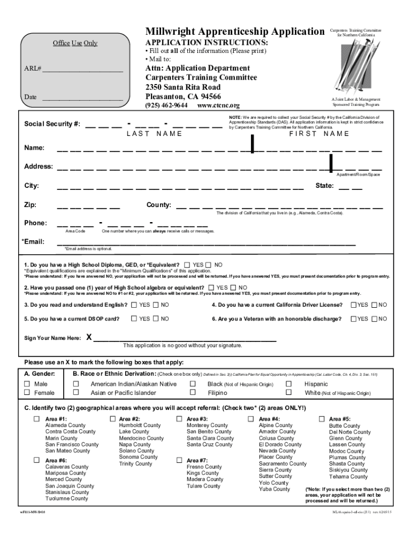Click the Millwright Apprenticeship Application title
click(235, 32)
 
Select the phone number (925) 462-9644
click(166, 105)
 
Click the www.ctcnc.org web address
click(218, 105)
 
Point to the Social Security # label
click(52, 124)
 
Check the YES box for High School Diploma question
click(187, 265)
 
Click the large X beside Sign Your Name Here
click(89, 338)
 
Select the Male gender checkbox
click(27, 384)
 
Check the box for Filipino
click(193, 393)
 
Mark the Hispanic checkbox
click(289, 384)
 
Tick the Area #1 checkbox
click(37, 418)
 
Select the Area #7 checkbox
click(179, 460)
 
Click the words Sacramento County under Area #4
click(283, 464)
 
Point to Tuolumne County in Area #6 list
click(67, 499)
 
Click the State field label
click(325, 186)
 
